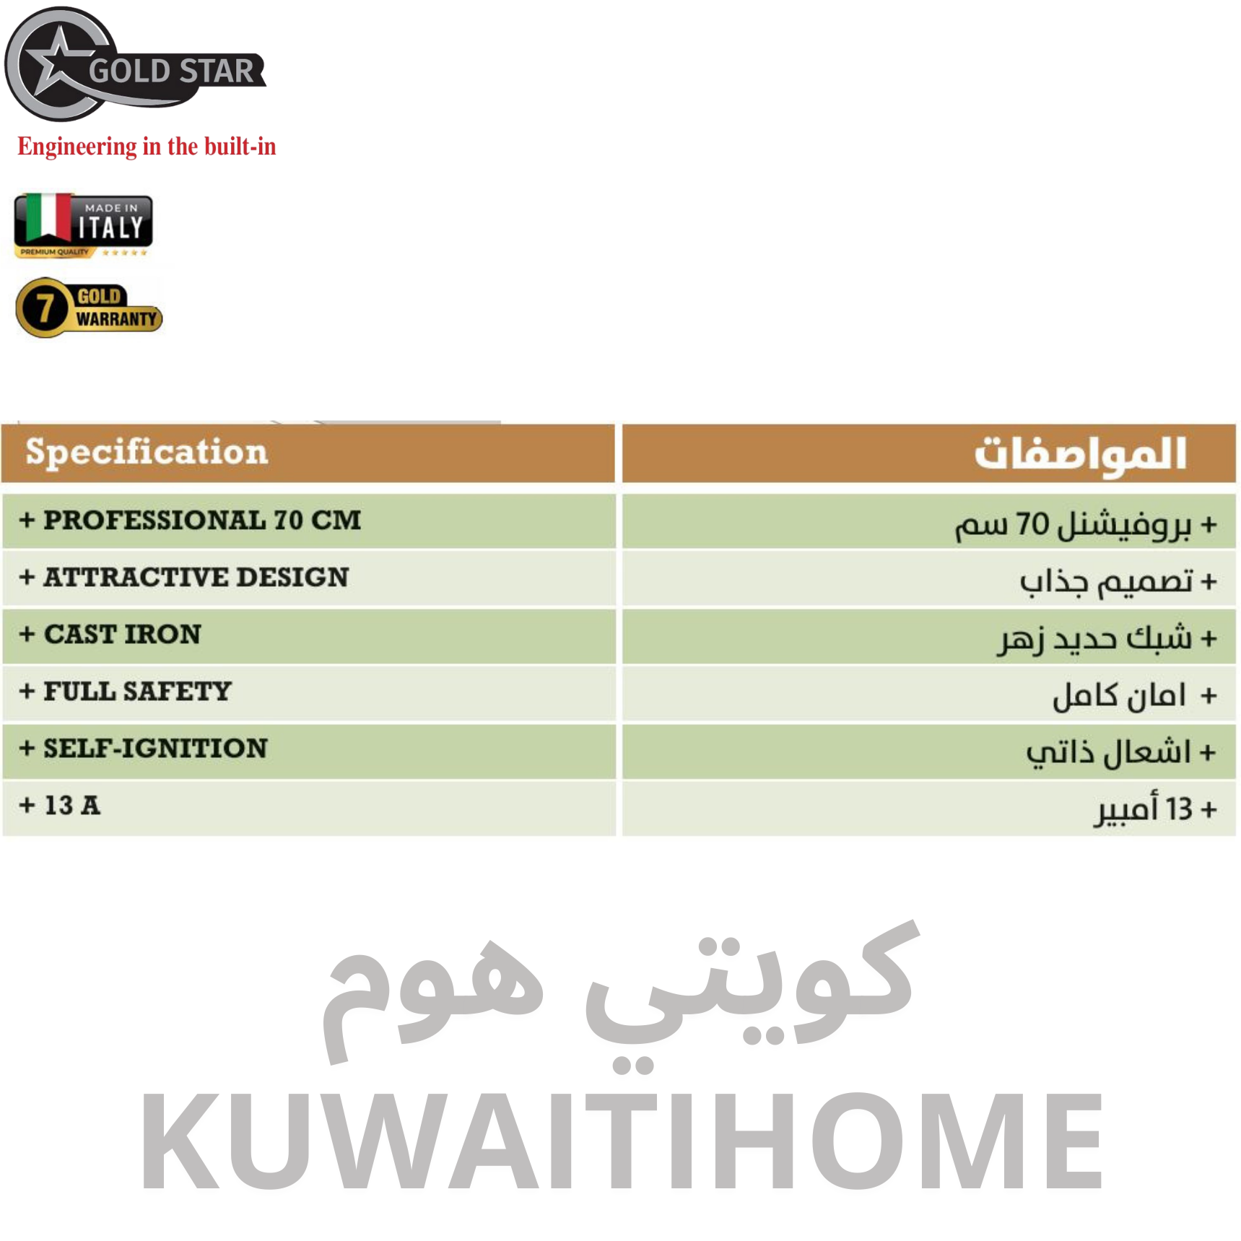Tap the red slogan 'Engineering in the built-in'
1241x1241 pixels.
[147, 147]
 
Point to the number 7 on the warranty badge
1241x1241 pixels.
[44, 308]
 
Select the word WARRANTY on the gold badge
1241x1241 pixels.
[116, 318]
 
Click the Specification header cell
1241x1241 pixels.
[308, 453]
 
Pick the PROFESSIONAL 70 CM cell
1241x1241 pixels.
[309, 521]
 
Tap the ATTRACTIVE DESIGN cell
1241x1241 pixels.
[309, 578]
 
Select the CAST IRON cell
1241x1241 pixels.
[309, 635]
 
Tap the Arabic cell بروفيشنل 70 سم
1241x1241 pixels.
[929, 521]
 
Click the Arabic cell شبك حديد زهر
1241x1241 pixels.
[929, 635]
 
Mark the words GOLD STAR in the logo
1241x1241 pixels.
[172, 71]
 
